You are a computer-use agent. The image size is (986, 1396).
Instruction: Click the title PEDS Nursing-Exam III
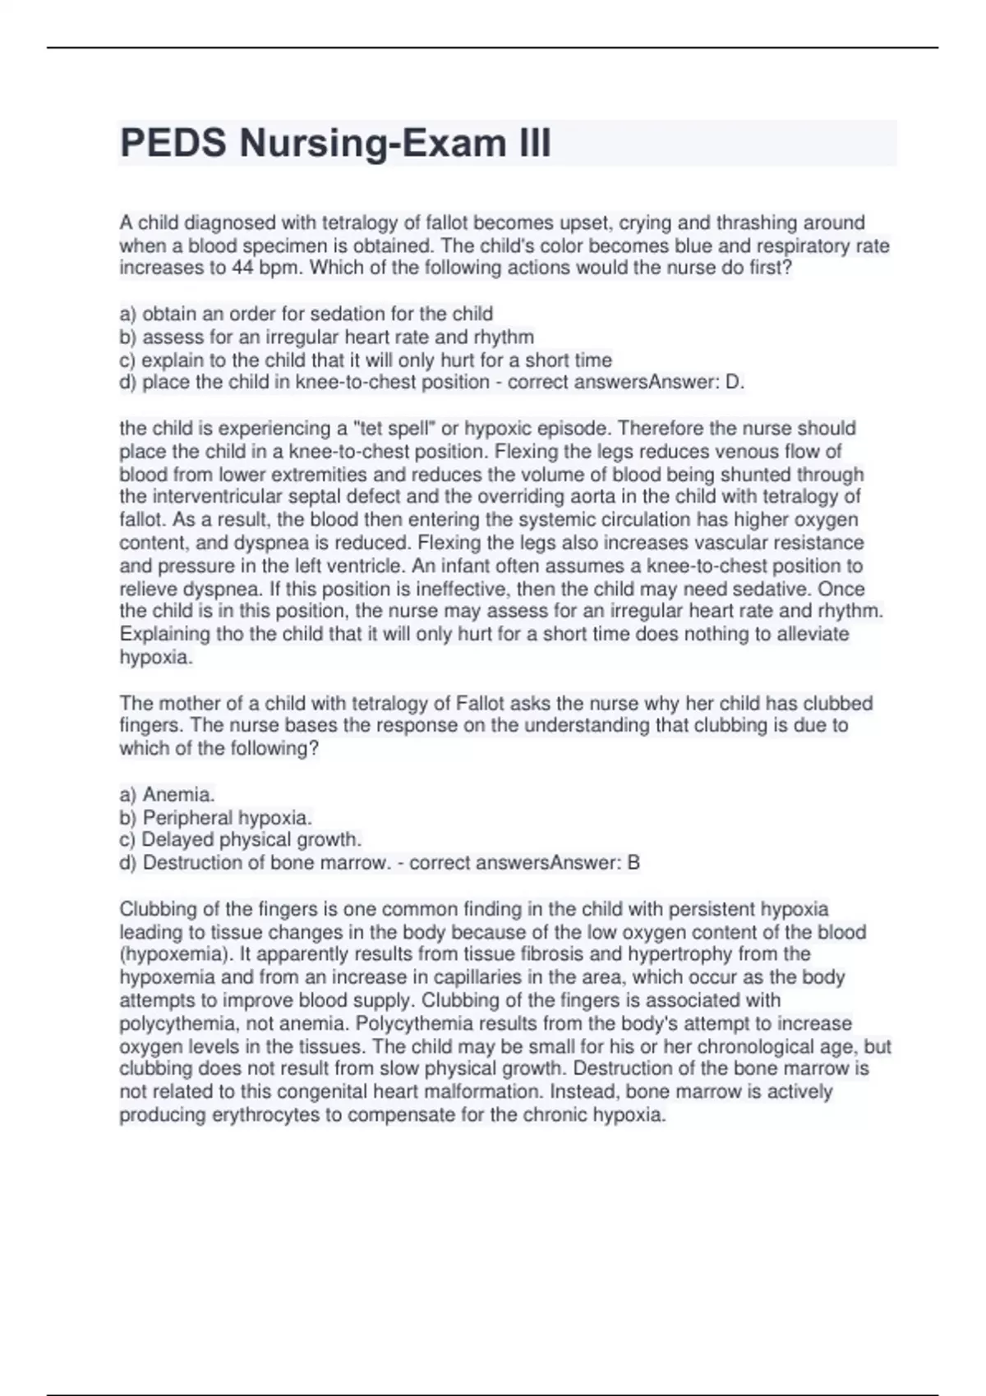[x=335, y=144]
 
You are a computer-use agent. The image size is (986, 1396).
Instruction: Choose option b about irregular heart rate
[x=327, y=337]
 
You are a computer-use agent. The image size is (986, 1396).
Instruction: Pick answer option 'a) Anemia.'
[x=168, y=794]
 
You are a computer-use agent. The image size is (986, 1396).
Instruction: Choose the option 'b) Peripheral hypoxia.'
[x=215, y=817]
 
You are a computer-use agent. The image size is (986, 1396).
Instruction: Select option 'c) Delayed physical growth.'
[x=240, y=839]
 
